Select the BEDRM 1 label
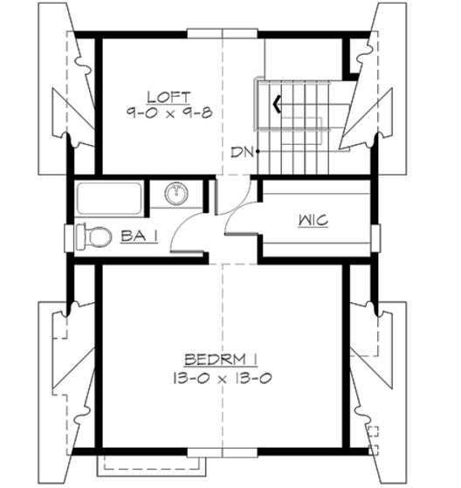click(218, 360)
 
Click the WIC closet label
click(312, 220)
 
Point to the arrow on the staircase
click(277, 105)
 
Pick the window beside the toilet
click(67, 237)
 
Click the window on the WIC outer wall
click(375, 237)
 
